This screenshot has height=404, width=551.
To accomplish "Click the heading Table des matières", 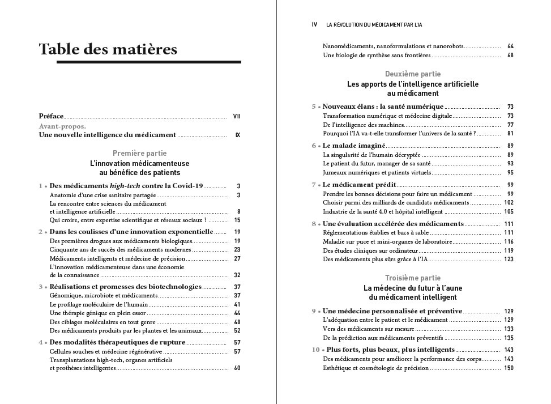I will (108, 49).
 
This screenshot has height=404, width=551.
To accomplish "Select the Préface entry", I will (51, 116).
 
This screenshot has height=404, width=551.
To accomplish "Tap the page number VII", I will (237, 116).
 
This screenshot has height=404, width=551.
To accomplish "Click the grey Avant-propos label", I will (62, 126).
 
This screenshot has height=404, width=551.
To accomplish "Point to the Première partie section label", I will (139, 153).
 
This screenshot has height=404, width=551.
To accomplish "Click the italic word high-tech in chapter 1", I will (125, 186).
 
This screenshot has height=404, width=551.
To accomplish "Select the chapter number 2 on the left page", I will (41, 232).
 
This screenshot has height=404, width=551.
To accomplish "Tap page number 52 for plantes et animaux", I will (237, 330).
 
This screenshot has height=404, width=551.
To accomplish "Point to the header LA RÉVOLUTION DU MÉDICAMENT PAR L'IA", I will (374, 25).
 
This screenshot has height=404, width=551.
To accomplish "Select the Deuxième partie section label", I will (412, 74).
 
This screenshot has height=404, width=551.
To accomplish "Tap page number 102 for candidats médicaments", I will (509, 203).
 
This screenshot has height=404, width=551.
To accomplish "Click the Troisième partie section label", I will (412, 278).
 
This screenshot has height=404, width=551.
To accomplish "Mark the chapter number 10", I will (315, 350).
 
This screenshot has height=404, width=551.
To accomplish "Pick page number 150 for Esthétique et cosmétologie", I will (509, 368).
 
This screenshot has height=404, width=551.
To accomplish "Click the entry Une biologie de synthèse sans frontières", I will (377, 56).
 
